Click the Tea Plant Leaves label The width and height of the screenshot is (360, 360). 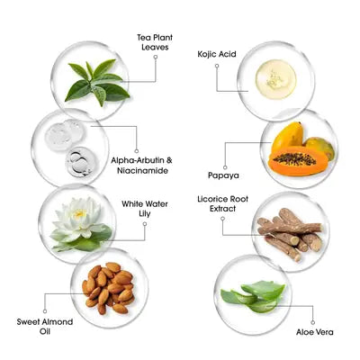(155, 42)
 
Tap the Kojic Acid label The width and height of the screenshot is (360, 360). (217, 54)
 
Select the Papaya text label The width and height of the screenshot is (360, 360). (223, 175)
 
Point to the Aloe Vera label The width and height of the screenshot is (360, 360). (315, 332)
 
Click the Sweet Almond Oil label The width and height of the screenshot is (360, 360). (45, 327)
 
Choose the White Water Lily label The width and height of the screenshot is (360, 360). (145, 209)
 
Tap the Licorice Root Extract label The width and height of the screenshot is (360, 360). (222, 203)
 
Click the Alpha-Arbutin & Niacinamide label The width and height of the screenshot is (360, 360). (142, 166)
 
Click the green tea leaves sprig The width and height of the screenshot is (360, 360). (97, 82)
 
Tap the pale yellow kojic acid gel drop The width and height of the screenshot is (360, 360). (275, 79)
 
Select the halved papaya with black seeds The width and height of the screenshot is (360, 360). (296, 161)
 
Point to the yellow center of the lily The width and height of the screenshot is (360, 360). (79, 213)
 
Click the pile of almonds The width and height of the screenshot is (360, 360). (108, 288)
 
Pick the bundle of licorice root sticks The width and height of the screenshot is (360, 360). (290, 233)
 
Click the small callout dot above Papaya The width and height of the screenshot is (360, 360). (225, 167)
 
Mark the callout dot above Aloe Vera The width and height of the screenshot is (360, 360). (312, 322)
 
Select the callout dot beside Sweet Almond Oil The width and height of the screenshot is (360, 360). (45, 311)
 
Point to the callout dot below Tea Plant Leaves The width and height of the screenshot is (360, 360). (156, 57)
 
